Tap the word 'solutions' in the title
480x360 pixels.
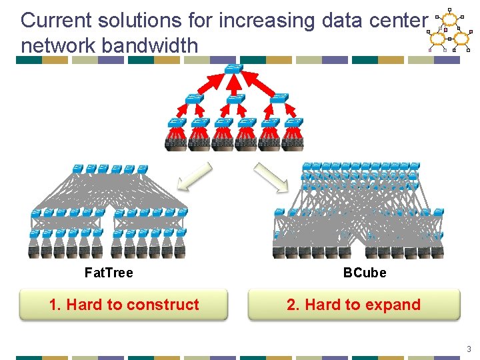(x=137, y=21)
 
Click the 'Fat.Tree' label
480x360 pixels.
(x=109, y=273)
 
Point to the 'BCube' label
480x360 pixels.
(x=365, y=273)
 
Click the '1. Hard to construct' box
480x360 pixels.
(x=124, y=305)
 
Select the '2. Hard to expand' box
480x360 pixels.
(x=353, y=305)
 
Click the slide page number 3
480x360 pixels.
(x=469, y=349)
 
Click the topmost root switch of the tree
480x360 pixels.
(x=234, y=69)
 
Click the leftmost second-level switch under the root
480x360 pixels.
(x=194, y=99)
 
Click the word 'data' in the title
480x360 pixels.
(x=339, y=21)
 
